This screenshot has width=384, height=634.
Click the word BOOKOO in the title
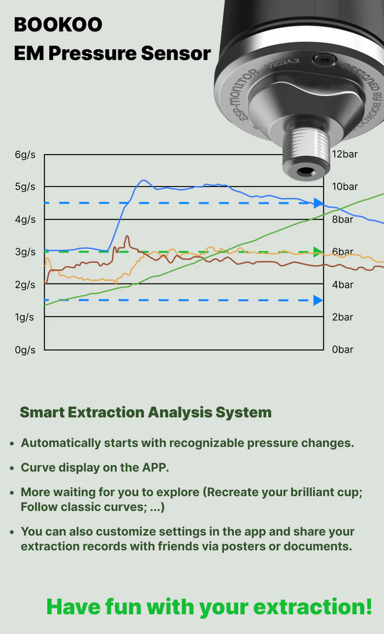[58, 25]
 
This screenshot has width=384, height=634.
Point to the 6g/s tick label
[25, 155]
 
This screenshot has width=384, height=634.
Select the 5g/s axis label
[25, 187]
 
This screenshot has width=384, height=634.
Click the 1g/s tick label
[25, 317]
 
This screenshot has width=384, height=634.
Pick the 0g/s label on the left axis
[25, 350]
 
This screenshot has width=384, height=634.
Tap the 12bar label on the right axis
[345, 154]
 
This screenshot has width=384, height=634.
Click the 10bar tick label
[345, 186]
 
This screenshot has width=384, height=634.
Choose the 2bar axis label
[342, 317]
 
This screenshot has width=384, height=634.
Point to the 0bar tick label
[342, 349]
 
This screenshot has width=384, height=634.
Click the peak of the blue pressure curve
[143, 180]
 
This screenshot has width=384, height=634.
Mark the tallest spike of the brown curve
[127, 236]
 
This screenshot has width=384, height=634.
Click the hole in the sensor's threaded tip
[304, 172]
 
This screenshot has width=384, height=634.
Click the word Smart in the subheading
[41, 412]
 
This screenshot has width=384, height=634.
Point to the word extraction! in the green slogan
[312, 607]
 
